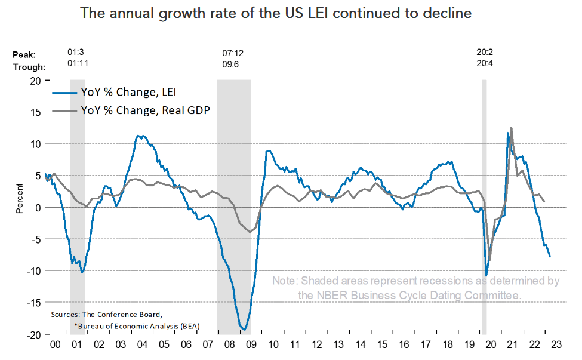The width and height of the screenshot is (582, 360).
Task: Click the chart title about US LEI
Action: [x=276, y=13]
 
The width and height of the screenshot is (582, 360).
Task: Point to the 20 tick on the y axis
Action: [x=36, y=80]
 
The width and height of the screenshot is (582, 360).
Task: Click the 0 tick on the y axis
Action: [x=38, y=207]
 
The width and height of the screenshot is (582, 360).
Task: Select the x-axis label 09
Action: [x=251, y=344]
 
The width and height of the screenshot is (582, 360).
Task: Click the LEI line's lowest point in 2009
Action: [x=244, y=329]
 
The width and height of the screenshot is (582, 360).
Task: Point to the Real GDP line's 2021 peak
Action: [x=511, y=128]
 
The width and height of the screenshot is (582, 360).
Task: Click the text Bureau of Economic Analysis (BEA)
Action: [x=138, y=325]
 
